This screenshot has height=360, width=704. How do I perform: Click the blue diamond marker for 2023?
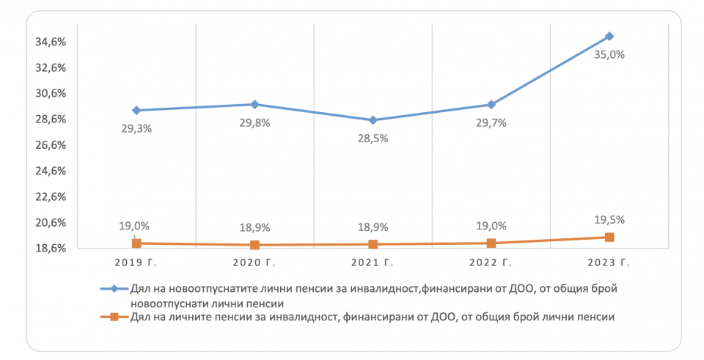(609, 36)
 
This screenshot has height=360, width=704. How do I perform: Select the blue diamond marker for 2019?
(136, 110)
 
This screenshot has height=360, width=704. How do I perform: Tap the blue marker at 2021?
(373, 120)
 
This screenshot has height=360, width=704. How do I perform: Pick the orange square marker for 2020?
(254, 245)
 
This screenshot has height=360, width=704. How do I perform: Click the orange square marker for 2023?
(609, 237)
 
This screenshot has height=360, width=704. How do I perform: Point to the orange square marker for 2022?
(491, 243)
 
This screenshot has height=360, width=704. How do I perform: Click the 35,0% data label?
(609, 54)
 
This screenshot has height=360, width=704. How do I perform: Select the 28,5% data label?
(373, 139)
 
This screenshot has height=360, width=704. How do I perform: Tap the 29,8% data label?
(254, 122)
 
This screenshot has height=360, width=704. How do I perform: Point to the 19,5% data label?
(609, 219)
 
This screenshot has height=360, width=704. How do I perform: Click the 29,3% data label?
(136, 128)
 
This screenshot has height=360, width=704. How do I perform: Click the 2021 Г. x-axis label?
(373, 262)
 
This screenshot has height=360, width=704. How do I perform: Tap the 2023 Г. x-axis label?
(609, 262)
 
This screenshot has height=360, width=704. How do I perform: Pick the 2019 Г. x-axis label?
(136, 262)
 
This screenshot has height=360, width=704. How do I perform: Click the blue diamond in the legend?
(114, 289)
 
